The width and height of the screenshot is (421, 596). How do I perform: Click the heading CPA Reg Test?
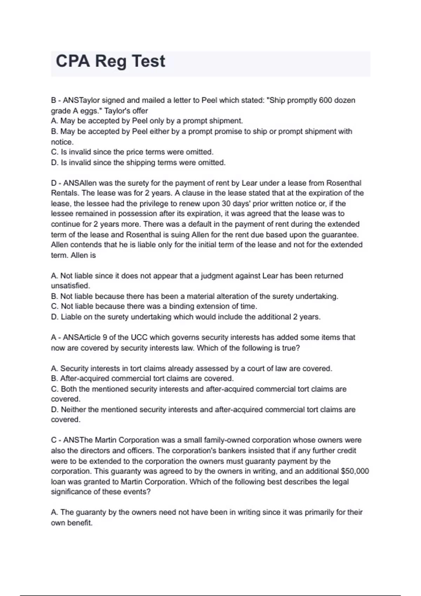tap(110, 61)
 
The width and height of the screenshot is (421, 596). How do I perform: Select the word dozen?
tap(345, 100)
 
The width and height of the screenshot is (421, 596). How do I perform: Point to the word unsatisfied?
tap(70, 286)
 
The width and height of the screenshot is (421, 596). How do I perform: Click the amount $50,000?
tap(355, 471)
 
